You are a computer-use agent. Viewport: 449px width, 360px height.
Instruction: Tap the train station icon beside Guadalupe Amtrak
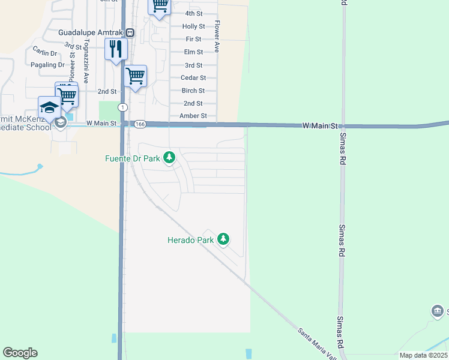click(x=130, y=32)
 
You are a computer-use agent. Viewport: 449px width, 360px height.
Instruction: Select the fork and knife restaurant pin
click(x=116, y=49)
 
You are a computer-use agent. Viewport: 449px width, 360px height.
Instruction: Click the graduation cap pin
click(x=50, y=107)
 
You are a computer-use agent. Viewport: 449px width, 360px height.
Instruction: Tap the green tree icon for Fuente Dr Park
click(x=170, y=157)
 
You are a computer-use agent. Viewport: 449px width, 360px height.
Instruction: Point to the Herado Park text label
click(x=190, y=240)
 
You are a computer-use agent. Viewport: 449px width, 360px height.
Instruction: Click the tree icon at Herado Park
click(x=223, y=239)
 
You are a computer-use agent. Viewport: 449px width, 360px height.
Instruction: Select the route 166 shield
click(x=140, y=124)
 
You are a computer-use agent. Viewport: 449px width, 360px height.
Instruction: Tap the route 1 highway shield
click(x=122, y=107)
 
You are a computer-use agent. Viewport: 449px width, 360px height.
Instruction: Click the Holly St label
click(x=193, y=26)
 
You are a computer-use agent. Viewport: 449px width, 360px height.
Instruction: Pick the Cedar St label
click(x=193, y=78)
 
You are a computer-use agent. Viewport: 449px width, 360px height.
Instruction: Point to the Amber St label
click(x=193, y=116)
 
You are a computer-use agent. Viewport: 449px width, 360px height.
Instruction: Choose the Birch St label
click(x=193, y=91)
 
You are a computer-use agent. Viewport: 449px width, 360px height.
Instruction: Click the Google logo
click(x=20, y=353)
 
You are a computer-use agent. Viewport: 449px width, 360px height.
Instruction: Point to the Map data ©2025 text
click(x=423, y=355)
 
